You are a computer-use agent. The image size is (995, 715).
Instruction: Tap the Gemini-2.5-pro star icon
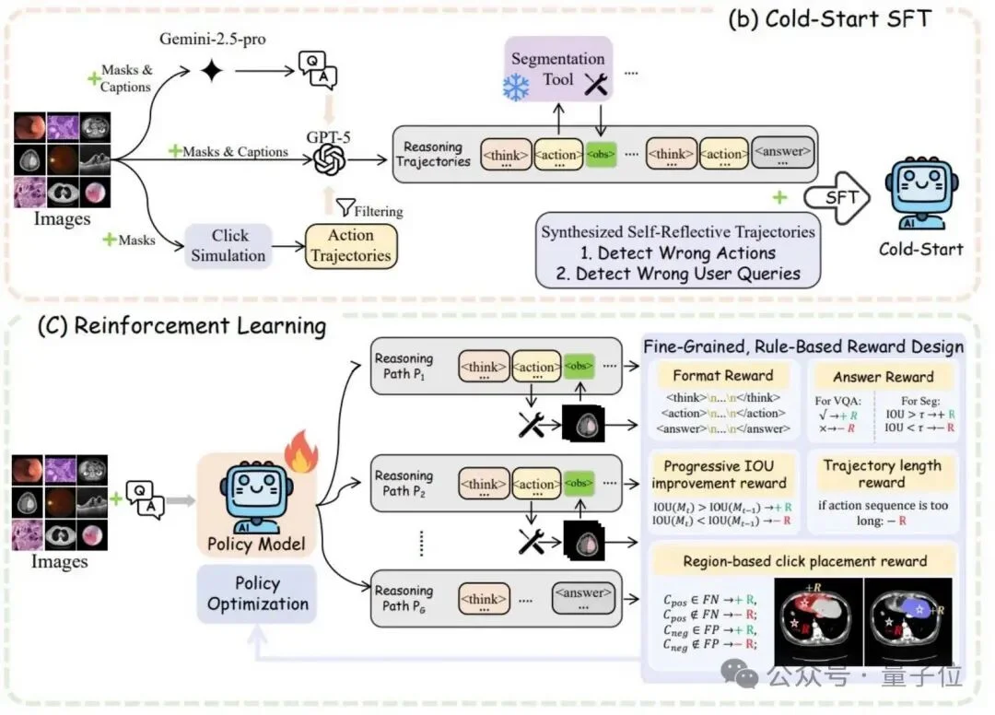(x=213, y=71)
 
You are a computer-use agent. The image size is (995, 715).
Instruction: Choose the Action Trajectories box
(x=350, y=245)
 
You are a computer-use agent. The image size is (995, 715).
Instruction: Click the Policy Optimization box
(x=258, y=593)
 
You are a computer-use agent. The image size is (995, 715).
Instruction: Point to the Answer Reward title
(x=883, y=376)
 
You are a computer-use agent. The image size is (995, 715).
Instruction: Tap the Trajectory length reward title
(x=883, y=474)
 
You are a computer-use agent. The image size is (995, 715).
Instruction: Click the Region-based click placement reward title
(x=804, y=561)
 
